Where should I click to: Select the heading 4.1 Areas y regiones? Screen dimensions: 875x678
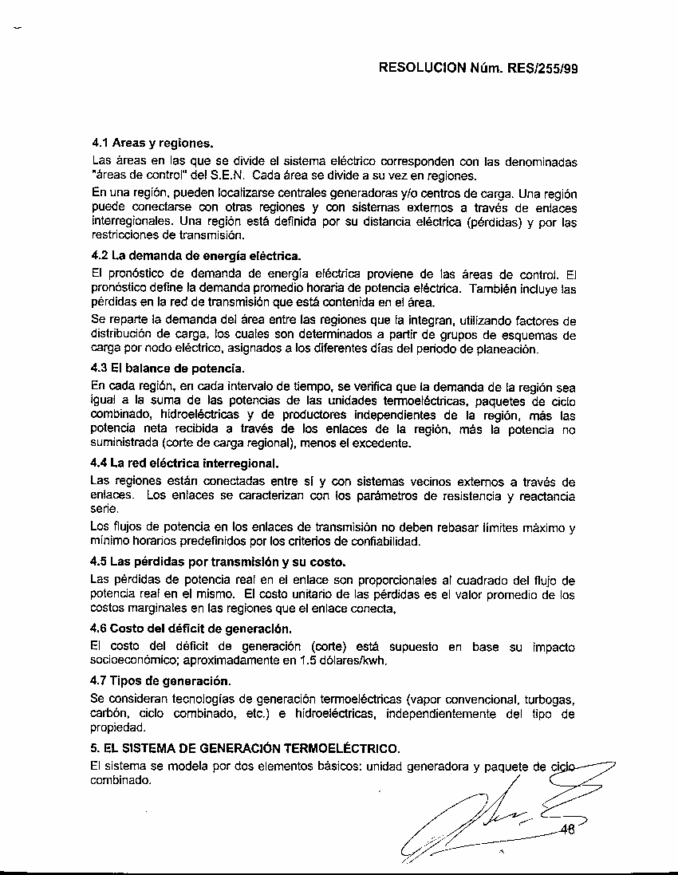[x=152, y=144]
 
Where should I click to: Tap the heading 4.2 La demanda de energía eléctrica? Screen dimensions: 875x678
[x=196, y=256]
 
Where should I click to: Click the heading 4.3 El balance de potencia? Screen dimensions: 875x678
[x=168, y=369]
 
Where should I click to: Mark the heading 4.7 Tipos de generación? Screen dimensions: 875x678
[x=161, y=680]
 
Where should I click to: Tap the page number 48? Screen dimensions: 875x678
[x=568, y=830]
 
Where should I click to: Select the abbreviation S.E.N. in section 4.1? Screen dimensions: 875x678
[x=227, y=175]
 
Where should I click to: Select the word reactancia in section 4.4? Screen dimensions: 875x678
[x=546, y=496]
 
